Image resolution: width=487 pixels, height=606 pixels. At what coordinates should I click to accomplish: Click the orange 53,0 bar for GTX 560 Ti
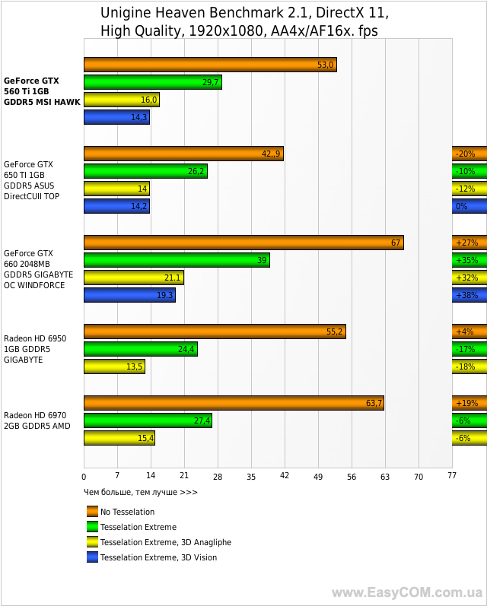click(x=210, y=65)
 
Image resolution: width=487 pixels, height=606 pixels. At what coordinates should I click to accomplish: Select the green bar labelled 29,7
click(x=152, y=82)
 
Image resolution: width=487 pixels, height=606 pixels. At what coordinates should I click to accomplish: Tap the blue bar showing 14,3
click(x=116, y=117)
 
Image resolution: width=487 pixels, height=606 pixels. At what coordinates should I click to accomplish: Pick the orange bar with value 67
click(x=243, y=243)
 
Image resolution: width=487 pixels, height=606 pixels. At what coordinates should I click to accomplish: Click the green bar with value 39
click(x=177, y=260)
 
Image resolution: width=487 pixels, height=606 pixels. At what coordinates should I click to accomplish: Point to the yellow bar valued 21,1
click(x=133, y=278)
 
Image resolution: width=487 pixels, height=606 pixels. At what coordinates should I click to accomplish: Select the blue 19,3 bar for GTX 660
click(x=129, y=295)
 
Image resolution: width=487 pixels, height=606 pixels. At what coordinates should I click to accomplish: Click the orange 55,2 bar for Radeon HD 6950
click(x=215, y=332)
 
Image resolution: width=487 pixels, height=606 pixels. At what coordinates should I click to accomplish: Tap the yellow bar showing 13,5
click(x=114, y=366)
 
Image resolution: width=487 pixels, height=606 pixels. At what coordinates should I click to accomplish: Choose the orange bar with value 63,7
click(x=234, y=403)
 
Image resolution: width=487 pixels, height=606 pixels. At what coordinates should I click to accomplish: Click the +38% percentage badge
click(x=469, y=295)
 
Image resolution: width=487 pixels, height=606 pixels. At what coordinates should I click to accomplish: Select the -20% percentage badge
click(x=469, y=154)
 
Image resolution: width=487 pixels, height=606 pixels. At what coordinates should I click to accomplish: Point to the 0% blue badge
click(x=469, y=206)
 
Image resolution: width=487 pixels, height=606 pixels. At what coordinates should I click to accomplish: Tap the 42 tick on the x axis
click(x=285, y=476)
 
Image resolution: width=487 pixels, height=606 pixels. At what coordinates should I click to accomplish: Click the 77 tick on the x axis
click(x=451, y=476)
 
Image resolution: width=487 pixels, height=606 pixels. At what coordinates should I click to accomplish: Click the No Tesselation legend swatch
click(x=93, y=512)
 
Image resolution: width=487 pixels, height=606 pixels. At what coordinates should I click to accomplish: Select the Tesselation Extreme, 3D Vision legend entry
click(x=158, y=557)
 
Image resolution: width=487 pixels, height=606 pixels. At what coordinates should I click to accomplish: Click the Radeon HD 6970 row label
click(x=37, y=420)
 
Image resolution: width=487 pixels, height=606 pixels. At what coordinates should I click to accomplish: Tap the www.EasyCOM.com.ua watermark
click(x=407, y=592)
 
